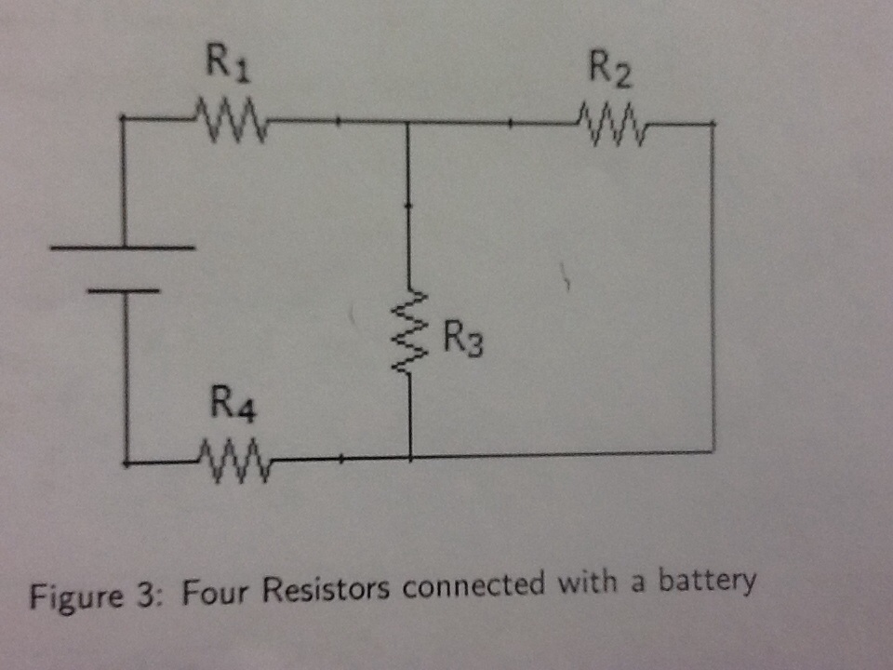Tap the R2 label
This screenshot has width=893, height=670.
(x=609, y=70)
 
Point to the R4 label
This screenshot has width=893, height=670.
(x=233, y=407)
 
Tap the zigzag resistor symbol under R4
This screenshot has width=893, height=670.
(x=232, y=459)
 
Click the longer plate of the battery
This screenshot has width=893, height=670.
(x=123, y=248)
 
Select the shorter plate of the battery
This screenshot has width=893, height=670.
(x=124, y=291)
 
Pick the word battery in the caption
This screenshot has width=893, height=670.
(x=706, y=583)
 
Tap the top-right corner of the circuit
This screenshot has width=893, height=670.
(x=713, y=123)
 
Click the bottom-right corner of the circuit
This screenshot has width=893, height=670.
(x=713, y=452)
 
